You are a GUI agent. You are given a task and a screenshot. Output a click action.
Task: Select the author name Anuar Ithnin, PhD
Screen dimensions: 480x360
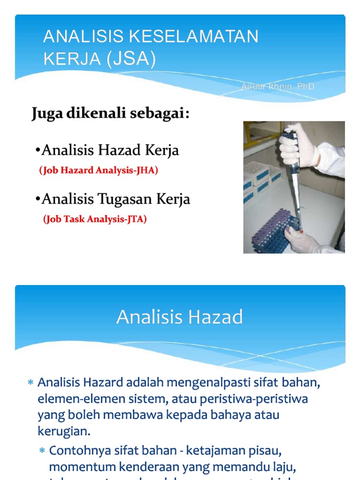click(277, 87)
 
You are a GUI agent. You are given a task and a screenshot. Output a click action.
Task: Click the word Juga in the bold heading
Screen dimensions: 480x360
click(47, 114)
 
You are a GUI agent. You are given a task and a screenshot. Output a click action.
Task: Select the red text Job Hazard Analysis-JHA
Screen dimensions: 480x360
click(98, 171)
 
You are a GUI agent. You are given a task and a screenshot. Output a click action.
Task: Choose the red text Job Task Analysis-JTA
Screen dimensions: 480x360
click(95, 219)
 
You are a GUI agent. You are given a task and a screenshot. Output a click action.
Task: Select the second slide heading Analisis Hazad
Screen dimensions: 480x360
click(180, 317)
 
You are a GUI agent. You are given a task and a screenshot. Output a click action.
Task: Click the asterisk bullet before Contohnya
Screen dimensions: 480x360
click(42, 451)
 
